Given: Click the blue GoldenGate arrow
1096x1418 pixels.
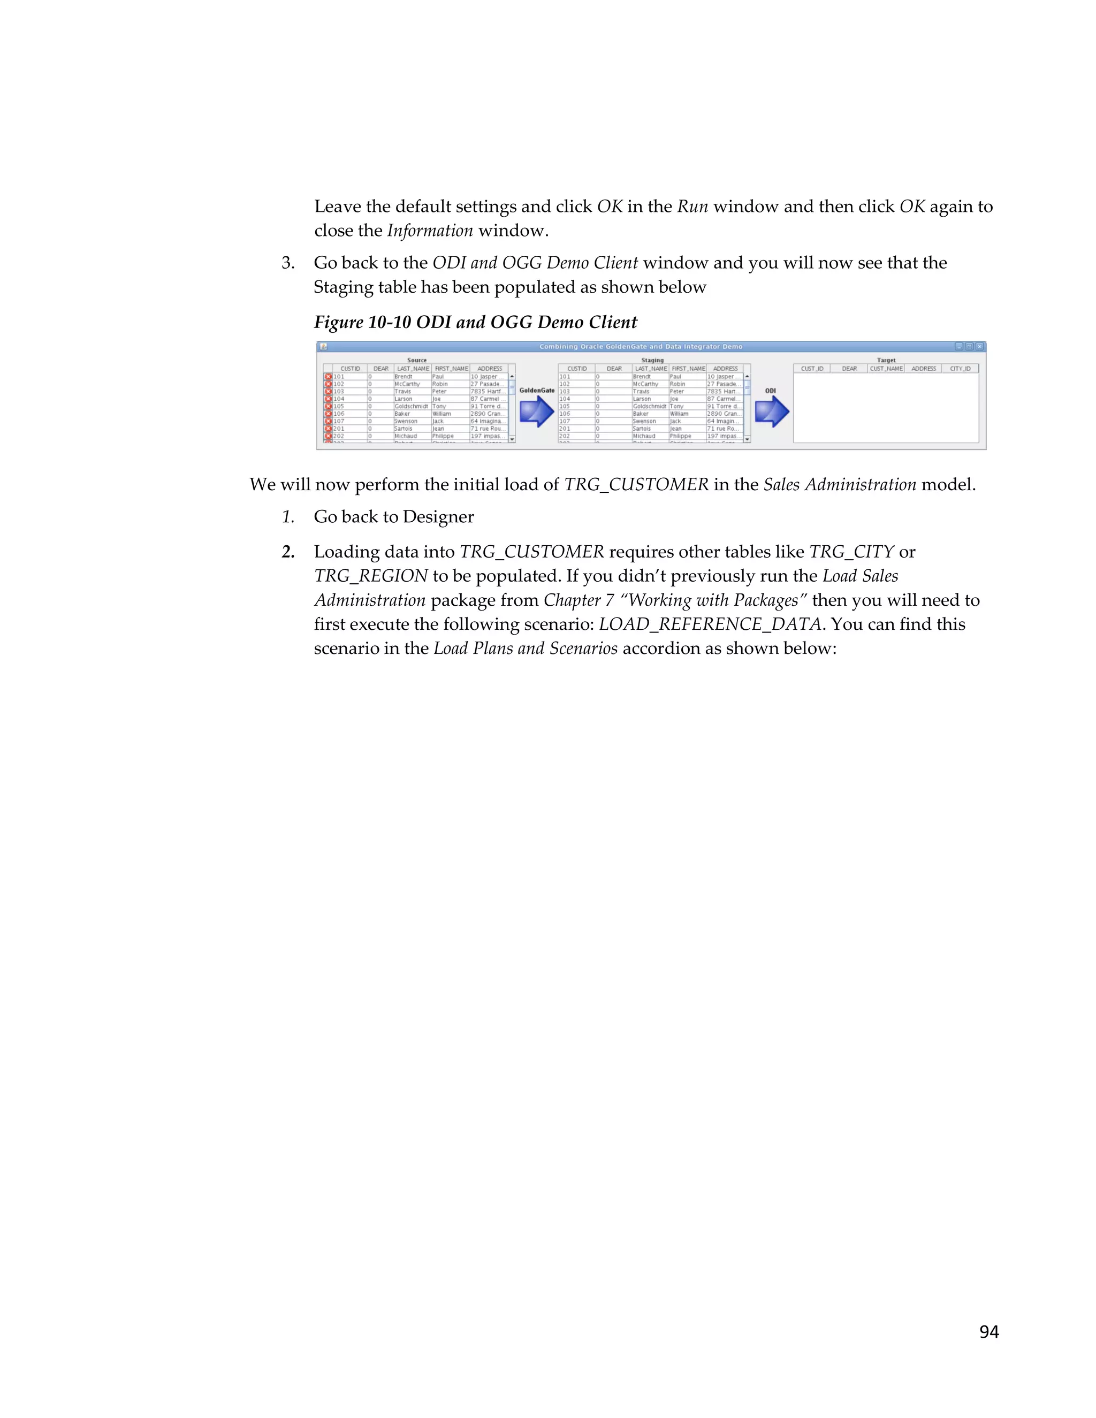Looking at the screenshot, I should point(536,411).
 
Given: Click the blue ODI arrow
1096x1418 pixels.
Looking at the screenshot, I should point(771,411).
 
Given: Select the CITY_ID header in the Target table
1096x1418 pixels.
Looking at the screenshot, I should point(960,369).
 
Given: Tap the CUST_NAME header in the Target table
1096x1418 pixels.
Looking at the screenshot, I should point(886,369).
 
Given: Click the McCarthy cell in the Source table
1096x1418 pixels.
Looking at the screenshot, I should point(407,384).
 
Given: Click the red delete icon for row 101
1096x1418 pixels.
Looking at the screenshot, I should point(328,377).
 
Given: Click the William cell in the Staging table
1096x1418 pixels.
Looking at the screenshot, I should point(679,414).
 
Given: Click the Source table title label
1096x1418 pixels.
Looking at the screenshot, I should point(417,360).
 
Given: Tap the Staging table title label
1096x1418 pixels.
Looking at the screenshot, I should point(652,360).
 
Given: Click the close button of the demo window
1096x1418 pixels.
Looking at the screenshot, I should point(980,347).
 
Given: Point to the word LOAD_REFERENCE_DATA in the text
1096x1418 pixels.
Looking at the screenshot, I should point(710,624).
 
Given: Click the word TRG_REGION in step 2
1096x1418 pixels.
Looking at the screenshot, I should point(371,576).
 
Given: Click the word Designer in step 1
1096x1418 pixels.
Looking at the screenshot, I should point(438,517).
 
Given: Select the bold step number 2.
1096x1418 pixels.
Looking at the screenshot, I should point(287,552).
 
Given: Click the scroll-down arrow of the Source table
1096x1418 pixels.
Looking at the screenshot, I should point(512,439).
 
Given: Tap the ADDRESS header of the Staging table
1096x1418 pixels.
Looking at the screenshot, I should point(725,369).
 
